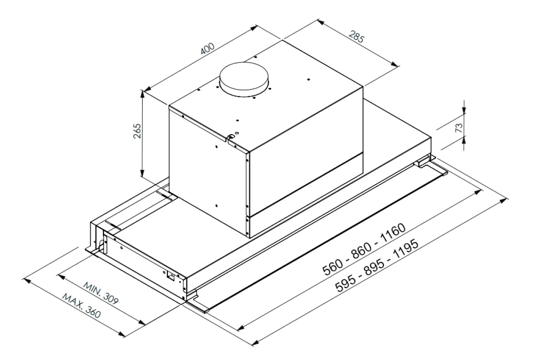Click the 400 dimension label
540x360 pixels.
[x=207, y=48]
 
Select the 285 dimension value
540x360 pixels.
[x=356, y=36]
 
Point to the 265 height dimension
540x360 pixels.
[x=137, y=131]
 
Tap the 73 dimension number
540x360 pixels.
[x=459, y=128]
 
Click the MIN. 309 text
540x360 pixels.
[x=101, y=293]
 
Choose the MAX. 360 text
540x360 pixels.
[x=81, y=306]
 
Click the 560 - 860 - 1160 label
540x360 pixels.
[x=364, y=249]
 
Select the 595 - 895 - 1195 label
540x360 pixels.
[x=377, y=265]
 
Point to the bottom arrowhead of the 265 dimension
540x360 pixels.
[x=142, y=173]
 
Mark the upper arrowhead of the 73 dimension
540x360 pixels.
[x=464, y=110]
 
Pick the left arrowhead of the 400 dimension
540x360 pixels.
[x=148, y=89]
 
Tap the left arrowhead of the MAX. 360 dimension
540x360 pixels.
[x=27, y=281]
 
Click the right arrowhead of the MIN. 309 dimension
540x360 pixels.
[x=141, y=322]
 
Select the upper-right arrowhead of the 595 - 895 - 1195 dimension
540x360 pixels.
[x=504, y=201]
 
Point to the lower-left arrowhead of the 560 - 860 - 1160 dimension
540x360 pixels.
[x=241, y=328]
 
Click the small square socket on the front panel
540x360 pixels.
[x=171, y=276]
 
